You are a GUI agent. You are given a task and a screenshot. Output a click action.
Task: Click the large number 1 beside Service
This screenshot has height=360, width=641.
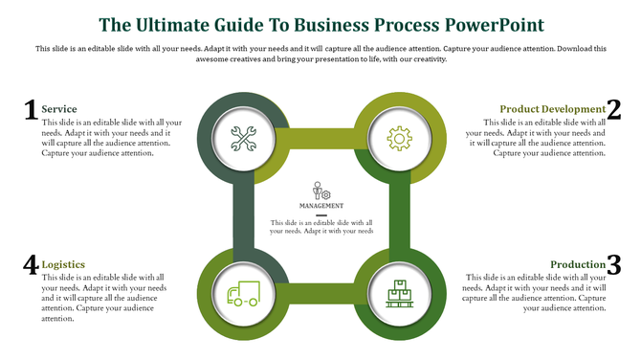pos(30,111)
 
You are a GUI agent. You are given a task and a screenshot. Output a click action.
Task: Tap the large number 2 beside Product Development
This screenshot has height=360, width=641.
pos(613,111)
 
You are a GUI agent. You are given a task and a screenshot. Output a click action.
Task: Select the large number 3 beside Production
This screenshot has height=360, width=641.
pos(613,265)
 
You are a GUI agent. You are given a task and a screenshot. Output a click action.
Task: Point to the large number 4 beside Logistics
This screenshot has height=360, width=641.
pos(30,265)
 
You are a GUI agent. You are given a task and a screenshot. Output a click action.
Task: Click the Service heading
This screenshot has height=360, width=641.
pos(59,109)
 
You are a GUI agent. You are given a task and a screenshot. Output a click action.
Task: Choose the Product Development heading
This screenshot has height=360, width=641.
pos(552,109)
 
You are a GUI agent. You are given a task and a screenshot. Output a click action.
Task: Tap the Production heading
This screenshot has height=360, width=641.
pos(578,264)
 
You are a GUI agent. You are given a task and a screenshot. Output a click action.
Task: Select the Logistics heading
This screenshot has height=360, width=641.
pos(63,264)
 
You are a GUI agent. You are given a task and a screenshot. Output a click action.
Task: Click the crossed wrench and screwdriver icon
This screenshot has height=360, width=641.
pos(244,139)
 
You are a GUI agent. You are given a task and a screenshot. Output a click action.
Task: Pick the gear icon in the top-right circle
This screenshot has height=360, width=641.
pos(399,139)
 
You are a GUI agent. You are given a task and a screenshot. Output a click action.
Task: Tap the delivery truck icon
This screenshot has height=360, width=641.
pos(244,293)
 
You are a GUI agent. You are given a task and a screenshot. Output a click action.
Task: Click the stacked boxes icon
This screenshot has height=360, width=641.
pos(399,293)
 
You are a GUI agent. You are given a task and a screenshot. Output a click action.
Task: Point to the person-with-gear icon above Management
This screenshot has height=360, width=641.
pos(321,191)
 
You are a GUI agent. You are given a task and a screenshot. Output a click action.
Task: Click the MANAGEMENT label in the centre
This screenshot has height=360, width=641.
pos(321,206)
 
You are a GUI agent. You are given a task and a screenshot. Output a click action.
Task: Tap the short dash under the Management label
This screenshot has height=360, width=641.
pos(321,215)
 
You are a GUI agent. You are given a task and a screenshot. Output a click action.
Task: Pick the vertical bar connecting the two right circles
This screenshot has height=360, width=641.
pos(400,216)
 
